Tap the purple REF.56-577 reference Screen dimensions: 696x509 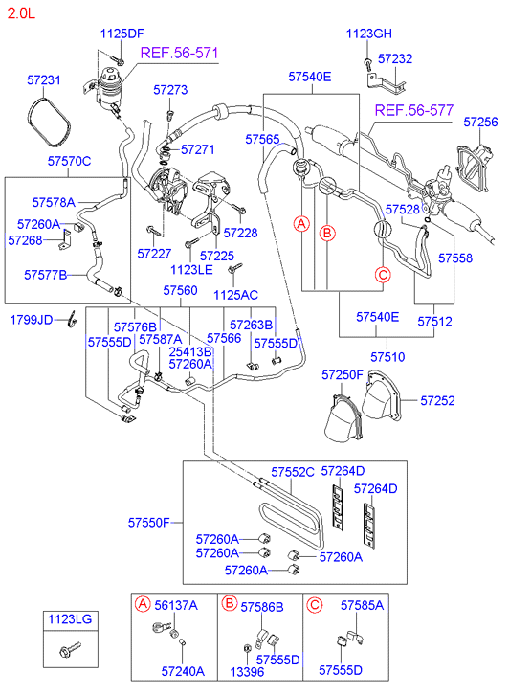[x=412, y=110]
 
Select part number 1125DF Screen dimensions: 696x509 [x=122, y=34]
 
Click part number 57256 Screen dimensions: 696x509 [x=481, y=122]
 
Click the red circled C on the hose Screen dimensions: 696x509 [x=383, y=276]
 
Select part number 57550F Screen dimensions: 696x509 [x=149, y=523]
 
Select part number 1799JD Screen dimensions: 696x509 [x=32, y=319]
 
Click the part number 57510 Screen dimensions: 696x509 [x=389, y=356]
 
